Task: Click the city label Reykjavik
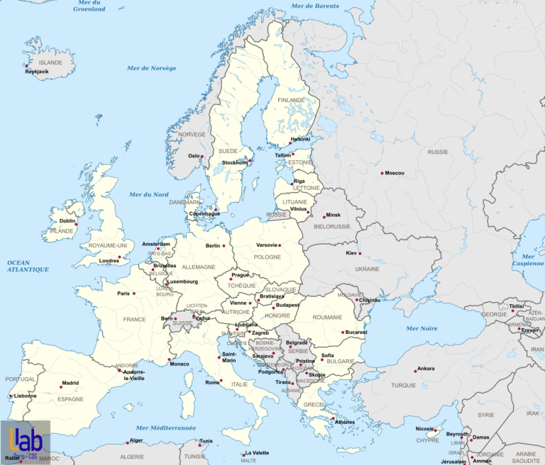point(37,72)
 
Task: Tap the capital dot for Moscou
point(382,173)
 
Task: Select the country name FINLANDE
point(292,101)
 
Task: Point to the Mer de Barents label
point(315,6)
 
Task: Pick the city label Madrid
point(70,383)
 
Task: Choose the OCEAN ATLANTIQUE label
point(28,266)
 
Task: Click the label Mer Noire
point(422,329)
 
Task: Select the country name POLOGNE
point(268,257)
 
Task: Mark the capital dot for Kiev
point(360,254)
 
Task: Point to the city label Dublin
point(67,220)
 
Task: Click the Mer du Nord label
point(148,194)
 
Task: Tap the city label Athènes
point(344,422)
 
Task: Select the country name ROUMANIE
point(327,317)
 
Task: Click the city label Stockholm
point(235,162)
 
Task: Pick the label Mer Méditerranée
point(165,428)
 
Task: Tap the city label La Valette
point(257,453)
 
